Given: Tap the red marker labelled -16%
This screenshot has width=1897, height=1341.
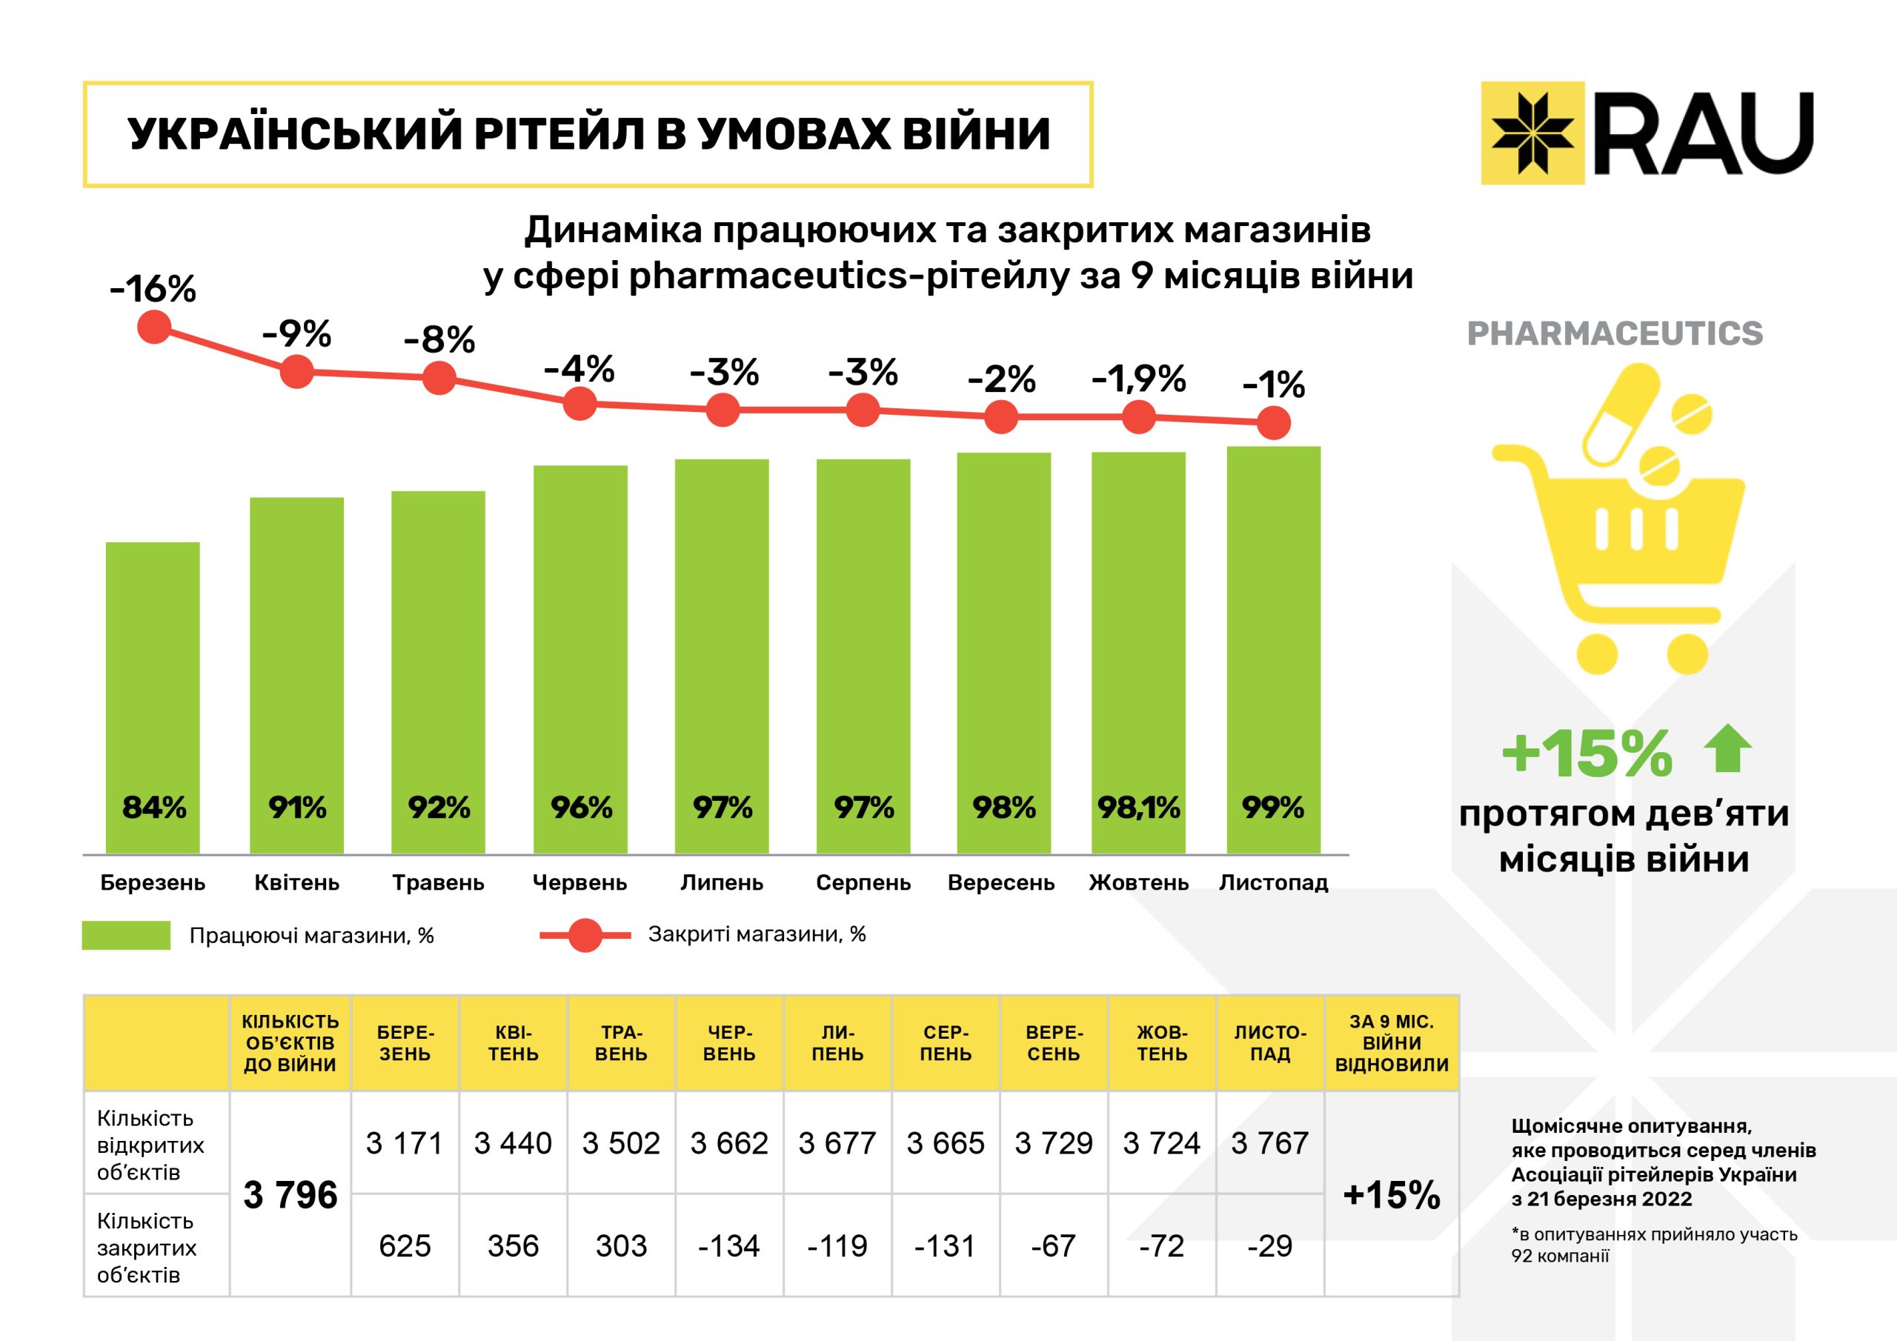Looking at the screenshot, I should [153, 327].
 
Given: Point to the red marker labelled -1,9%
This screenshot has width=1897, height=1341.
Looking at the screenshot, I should [1138, 417].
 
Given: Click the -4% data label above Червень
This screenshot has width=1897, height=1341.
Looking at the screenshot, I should [579, 370].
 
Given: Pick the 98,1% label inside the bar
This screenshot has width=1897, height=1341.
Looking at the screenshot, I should [1138, 808].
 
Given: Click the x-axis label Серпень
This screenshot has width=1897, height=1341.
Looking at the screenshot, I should [863, 882].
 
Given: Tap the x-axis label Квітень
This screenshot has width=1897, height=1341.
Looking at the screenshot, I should [296, 882].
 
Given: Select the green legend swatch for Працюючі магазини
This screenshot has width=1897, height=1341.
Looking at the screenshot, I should [127, 935].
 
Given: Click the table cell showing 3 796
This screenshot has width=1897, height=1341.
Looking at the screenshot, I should [290, 1195].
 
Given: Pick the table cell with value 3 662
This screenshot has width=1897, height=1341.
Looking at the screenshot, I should [728, 1143].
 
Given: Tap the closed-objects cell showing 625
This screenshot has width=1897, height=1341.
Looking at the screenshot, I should [405, 1246].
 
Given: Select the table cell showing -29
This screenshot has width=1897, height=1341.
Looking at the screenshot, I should [1270, 1246].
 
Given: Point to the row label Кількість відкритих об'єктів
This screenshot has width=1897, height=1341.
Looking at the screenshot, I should [150, 1145].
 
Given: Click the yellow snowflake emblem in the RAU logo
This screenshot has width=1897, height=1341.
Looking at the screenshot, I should [1532, 132].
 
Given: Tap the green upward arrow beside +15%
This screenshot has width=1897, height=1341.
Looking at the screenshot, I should [1727, 748].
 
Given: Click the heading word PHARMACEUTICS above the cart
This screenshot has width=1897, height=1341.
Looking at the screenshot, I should [1615, 334].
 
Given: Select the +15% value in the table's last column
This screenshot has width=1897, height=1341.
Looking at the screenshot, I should [1392, 1195].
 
